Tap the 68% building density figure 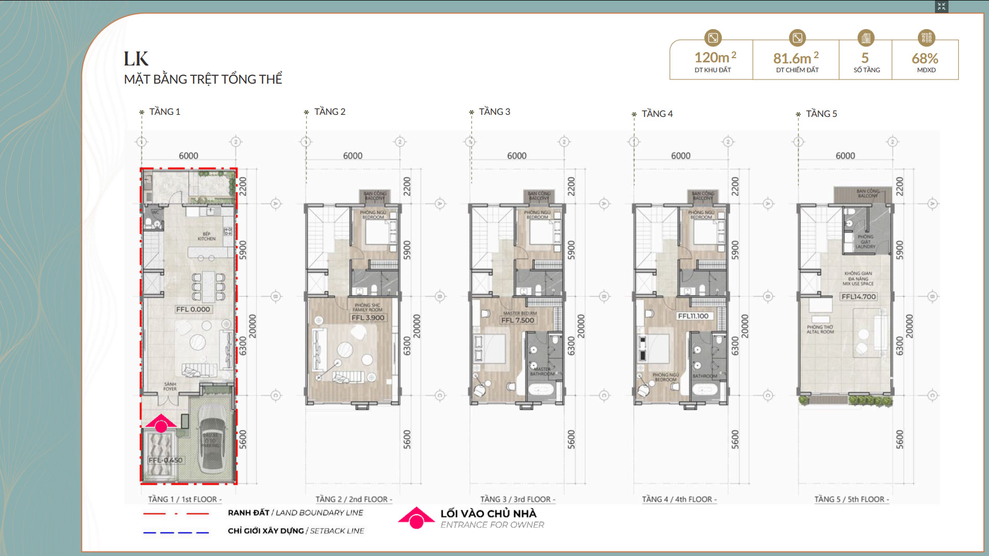pos(925,59)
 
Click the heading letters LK pos(136,59)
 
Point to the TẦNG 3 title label pos(494,112)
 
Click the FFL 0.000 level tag pos(193,309)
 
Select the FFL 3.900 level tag pos(368,318)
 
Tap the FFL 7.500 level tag pos(517,320)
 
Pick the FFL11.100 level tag pos(693,316)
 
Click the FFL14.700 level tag pos(859,297)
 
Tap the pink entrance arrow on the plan pos(161,423)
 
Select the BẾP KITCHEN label pos(207,236)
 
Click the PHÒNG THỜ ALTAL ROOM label pos(820,329)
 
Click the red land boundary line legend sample pos(176,513)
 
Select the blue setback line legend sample pos(176,532)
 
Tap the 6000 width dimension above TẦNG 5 pos(845,156)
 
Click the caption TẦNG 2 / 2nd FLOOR pos(353,499)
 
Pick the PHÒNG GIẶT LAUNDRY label pos(865,242)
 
